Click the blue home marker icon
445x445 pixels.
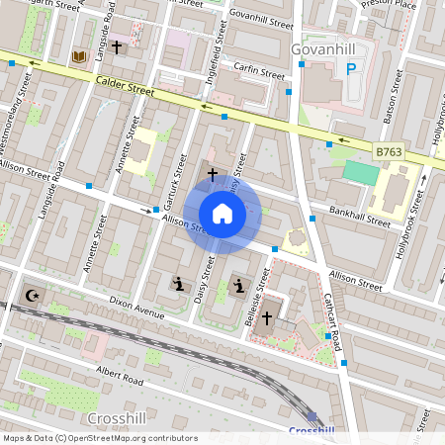(222, 213)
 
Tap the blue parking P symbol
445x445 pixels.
(350, 68)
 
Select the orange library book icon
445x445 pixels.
(78, 57)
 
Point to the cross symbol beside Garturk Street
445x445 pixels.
(211, 174)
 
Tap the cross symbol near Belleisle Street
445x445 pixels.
(266, 317)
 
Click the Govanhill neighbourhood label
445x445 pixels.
(323, 48)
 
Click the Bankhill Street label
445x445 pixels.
(359, 218)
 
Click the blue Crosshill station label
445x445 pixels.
(311, 430)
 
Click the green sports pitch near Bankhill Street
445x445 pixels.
(361, 173)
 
